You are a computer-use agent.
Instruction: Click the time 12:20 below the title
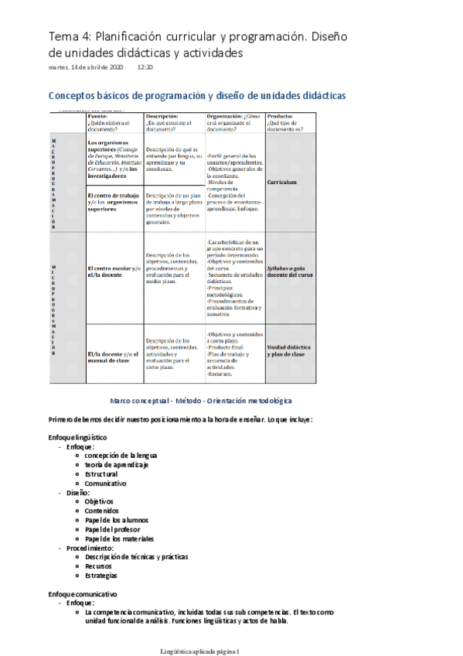click(x=145, y=68)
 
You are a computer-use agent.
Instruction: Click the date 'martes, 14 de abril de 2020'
click(x=85, y=68)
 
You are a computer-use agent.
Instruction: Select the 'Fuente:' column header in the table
click(x=99, y=114)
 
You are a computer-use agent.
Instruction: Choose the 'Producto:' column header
click(x=281, y=114)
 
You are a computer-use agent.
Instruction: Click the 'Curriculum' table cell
click(x=282, y=183)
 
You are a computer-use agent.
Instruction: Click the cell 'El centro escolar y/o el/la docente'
click(x=114, y=271)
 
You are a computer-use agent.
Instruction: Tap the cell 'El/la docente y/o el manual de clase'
click(x=114, y=356)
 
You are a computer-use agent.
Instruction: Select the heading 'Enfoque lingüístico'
click(x=77, y=437)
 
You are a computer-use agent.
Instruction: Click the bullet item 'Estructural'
click(x=101, y=473)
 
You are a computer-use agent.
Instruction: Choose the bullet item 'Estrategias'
click(x=101, y=576)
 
